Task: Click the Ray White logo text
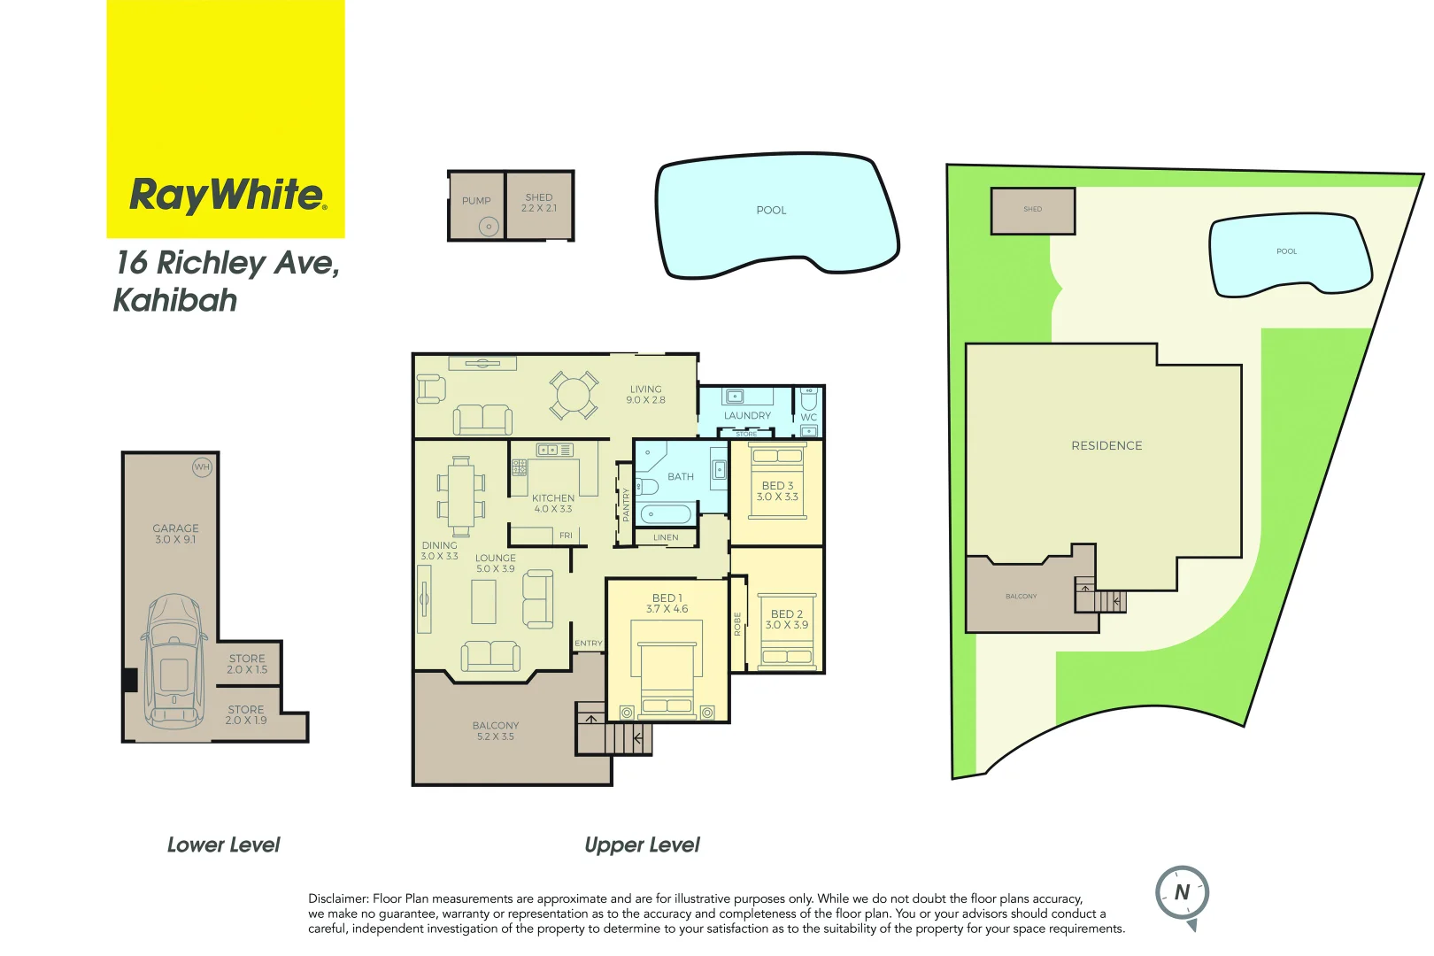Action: click(227, 195)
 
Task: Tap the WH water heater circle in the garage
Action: click(202, 466)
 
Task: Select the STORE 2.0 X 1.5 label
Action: click(247, 664)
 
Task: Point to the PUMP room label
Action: click(476, 201)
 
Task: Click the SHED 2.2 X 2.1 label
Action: click(539, 203)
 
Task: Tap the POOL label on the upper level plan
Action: click(771, 211)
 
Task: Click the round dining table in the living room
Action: click(574, 395)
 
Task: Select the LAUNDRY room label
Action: click(747, 415)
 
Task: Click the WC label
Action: click(809, 417)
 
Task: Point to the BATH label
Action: click(681, 476)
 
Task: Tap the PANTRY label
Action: click(626, 505)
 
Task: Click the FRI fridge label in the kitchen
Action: click(566, 536)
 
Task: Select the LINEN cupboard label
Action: click(666, 537)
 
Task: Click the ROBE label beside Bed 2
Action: click(737, 624)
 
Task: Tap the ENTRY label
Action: click(589, 644)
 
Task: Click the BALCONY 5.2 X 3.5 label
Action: click(496, 731)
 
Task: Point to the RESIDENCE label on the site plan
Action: click(1106, 445)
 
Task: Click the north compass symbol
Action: click(1183, 894)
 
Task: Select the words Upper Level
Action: click(642, 845)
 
